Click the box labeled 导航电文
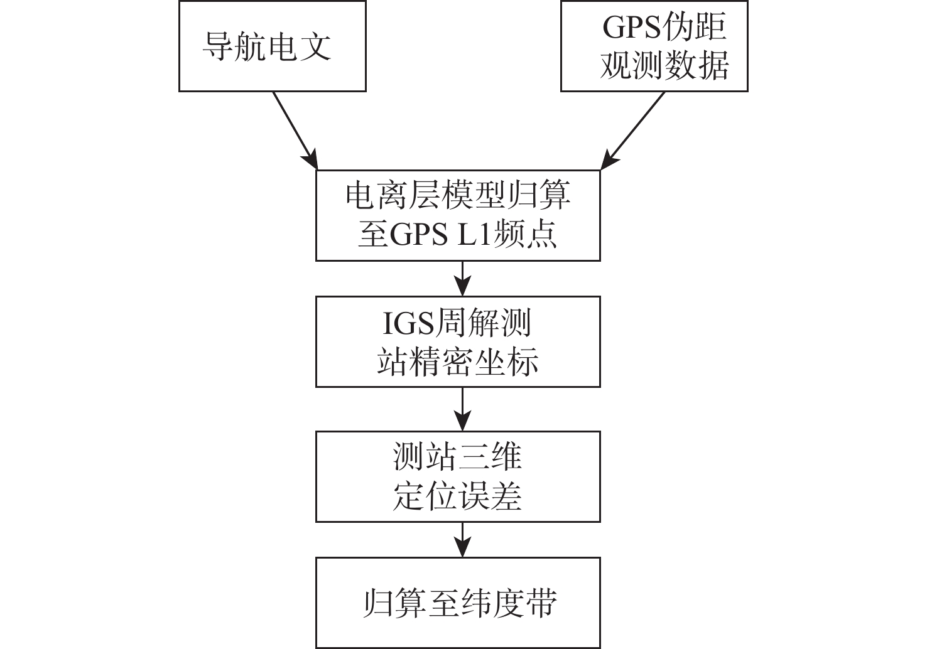pos(272,46)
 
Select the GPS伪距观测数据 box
pos(654,46)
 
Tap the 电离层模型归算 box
pos(458,215)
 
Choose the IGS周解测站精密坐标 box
pos(458,341)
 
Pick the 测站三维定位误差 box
pos(458,476)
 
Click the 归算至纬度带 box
pos(458,603)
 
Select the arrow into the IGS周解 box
pos(463,278)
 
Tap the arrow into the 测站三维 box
pos(463,409)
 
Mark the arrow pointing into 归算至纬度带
pos(463,539)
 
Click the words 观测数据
pos(664,65)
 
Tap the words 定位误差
pos(458,496)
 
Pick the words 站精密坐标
pos(458,362)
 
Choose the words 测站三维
pos(458,456)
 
